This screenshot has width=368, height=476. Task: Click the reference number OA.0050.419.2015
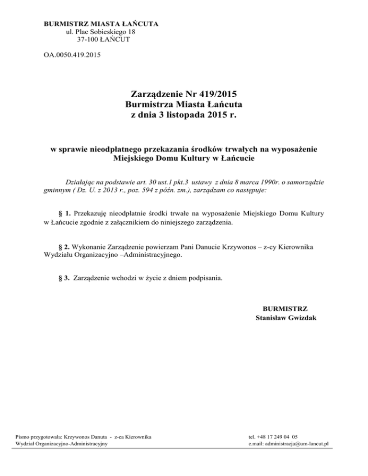pyautogui.click(x=72, y=56)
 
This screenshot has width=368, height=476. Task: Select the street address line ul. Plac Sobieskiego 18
pyautogui.click(x=101, y=31)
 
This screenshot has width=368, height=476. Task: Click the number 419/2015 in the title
pyautogui.click(x=211, y=93)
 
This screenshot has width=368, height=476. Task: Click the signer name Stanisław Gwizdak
pyautogui.click(x=286, y=317)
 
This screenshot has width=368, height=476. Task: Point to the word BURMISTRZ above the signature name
pyautogui.click(x=286, y=308)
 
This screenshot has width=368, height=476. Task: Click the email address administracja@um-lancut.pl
pyautogui.click(x=287, y=444)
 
